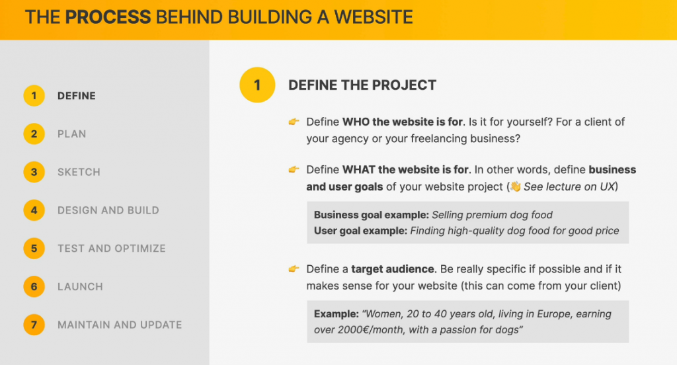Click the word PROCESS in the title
[x=108, y=17]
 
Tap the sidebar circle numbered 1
[x=34, y=96]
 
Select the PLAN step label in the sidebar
[x=71, y=134]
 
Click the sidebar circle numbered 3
[x=34, y=172]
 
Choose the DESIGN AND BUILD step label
[x=108, y=210]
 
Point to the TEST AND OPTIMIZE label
[x=112, y=249]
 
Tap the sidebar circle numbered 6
[x=34, y=286]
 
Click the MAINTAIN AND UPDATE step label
[x=120, y=325]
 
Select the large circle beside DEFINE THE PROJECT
[x=257, y=85]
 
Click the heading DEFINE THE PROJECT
[x=362, y=85]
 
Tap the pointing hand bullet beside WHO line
[x=294, y=122]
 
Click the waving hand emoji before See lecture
[x=515, y=186]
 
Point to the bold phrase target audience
[x=393, y=269]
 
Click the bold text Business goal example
[x=372, y=215]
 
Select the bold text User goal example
[x=360, y=231]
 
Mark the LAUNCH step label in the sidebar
[x=80, y=287]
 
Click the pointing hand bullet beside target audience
[x=294, y=269]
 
